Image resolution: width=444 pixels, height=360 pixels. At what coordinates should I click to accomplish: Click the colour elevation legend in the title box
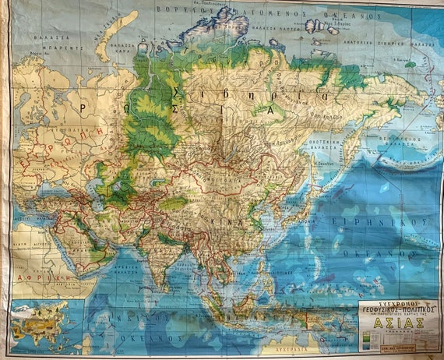pos(371,340)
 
